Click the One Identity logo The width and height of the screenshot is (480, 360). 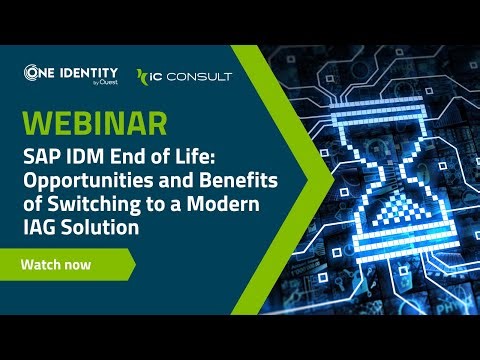pos(71,74)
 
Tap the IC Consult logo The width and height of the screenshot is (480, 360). pos(184,76)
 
